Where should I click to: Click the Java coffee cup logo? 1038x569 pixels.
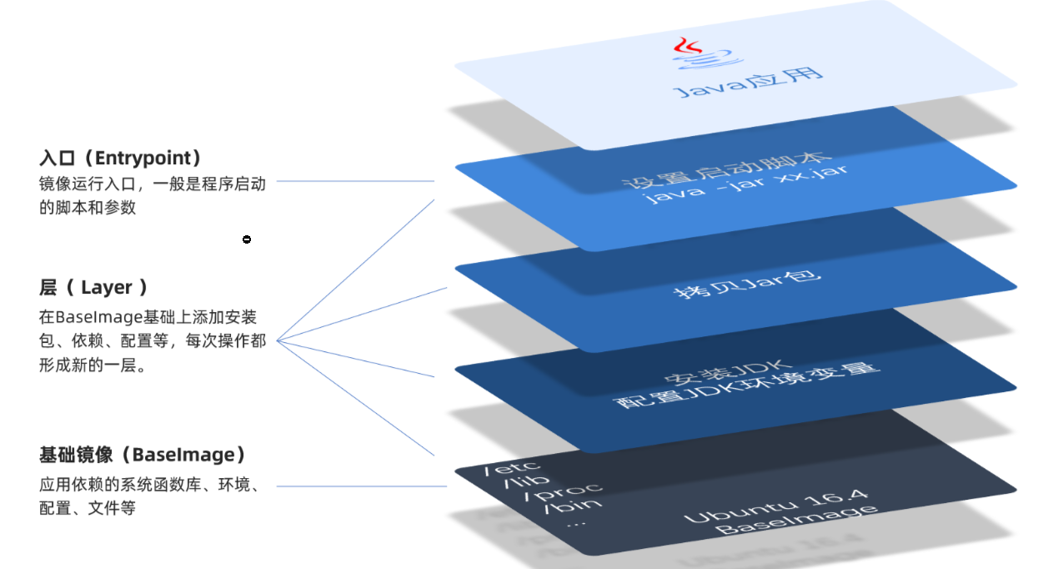click(696, 53)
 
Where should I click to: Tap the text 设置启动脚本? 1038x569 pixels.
click(727, 171)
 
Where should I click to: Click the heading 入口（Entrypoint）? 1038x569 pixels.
click(120, 158)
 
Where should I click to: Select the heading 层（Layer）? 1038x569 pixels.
click(93, 288)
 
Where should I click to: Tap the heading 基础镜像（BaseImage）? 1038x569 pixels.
click(143, 455)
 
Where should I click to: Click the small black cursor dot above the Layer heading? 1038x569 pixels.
click(247, 240)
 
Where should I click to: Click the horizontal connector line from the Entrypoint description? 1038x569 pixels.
click(355, 180)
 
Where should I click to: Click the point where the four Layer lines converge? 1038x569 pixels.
click(278, 340)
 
